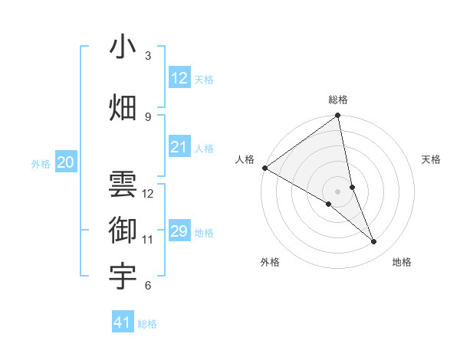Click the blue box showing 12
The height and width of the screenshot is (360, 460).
[179, 78]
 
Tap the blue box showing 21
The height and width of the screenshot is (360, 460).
[179, 147]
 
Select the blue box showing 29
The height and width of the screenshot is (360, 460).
[179, 231]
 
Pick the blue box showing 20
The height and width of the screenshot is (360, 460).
[65, 162]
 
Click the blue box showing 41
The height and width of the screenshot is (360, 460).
[123, 322]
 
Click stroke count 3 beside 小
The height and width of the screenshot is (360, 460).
[148, 56]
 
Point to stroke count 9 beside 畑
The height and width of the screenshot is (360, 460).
[148, 117]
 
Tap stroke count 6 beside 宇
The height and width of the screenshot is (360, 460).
[148, 286]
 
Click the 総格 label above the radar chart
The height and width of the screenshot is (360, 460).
[338, 100]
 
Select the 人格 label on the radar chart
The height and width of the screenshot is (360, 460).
[245, 159]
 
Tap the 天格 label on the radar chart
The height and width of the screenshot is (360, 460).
[432, 159]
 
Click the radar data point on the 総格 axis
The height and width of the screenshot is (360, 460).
[338, 116]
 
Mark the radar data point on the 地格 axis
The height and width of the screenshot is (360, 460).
[374, 242]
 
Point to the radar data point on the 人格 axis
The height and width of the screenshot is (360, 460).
[264, 168]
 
